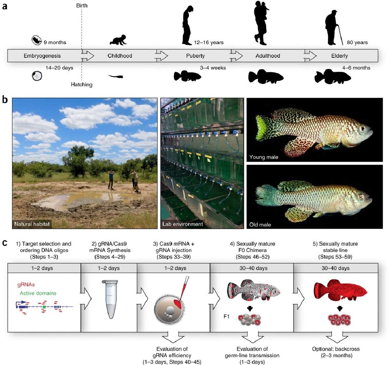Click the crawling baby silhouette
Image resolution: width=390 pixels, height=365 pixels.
(118, 40)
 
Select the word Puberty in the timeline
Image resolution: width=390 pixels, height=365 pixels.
(195, 56)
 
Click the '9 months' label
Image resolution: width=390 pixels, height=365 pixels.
(55, 42)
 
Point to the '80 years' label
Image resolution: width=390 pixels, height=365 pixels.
(357, 42)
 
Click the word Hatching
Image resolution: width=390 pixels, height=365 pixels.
(82, 85)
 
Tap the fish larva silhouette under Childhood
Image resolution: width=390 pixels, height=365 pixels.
(116, 76)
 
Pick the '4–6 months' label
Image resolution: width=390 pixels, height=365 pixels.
(356, 68)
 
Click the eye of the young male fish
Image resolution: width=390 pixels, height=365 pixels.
(362, 129)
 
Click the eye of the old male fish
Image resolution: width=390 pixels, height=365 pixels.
(361, 196)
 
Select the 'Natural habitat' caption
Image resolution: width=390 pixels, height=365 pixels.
(32, 224)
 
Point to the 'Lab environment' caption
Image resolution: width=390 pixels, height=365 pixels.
(182, 224)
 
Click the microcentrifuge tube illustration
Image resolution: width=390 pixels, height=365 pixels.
(110, 299)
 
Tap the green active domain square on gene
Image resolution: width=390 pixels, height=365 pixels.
(45, 307)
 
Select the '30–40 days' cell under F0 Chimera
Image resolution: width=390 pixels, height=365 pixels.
(253, 268)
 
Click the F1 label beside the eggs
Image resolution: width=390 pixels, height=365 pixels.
(227, 317)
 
